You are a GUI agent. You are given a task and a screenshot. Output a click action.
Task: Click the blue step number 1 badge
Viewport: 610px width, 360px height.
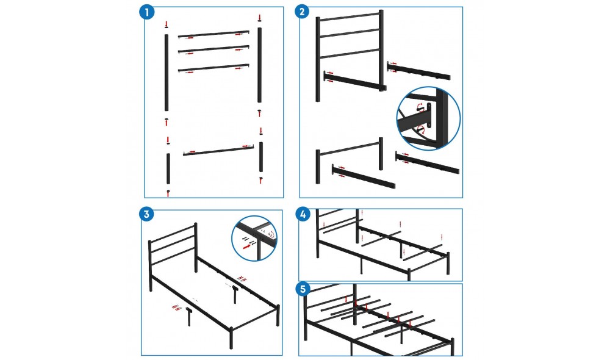146,12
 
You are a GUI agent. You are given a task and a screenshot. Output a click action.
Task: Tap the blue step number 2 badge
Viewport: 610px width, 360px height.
303,12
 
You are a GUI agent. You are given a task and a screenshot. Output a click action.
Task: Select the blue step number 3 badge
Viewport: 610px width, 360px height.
146,214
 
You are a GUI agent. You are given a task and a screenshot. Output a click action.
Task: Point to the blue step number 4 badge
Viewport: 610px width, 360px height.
303,214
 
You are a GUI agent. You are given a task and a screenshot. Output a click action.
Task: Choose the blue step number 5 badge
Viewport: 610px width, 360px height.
303,289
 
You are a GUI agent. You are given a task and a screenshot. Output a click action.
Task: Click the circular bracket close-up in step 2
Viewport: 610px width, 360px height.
428,119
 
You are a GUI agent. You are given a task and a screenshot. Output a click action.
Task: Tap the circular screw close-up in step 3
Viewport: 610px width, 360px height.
254,238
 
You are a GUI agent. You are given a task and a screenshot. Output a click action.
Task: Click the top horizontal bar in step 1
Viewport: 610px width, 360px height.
213,34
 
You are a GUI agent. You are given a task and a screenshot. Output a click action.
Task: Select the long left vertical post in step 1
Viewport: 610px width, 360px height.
167,73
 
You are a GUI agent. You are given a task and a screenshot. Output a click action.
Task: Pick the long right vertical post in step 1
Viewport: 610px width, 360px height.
259,65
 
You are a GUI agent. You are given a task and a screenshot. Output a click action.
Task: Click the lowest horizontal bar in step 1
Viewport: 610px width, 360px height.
218,151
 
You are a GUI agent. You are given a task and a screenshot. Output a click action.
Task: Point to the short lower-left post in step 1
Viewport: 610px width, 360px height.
168,168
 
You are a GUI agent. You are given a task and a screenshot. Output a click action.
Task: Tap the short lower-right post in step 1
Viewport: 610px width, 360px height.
261,157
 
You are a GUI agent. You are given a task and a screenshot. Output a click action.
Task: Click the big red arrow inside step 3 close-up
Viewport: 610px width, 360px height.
246,247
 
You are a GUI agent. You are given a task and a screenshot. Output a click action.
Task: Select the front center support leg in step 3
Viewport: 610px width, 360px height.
189,317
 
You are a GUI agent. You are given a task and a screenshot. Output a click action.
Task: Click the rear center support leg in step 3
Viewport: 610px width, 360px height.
235,295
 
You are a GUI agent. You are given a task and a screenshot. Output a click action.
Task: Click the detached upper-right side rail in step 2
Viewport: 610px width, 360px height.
419,70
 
